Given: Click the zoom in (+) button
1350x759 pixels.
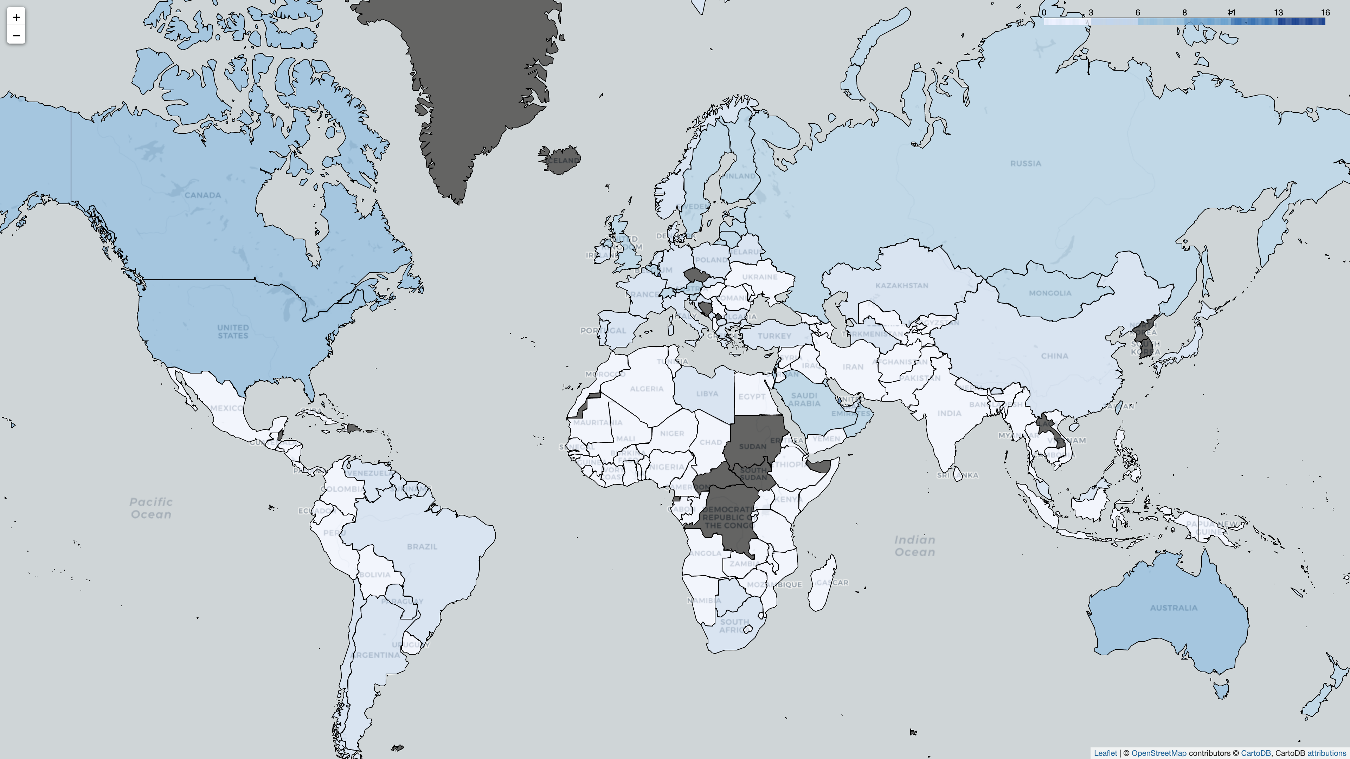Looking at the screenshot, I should pyautogui.click(x=16, y=17).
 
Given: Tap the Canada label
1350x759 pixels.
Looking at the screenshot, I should pyautogui.click(x=203, y=195).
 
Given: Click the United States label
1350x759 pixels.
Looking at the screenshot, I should pyautogui.click(x=233, y=332).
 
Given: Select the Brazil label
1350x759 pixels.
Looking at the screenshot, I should pyautogui.click(x=422, y=547).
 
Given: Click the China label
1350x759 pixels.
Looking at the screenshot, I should pyautogui.click(x=1054, y=356).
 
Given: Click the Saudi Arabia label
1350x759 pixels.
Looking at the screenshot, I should pyautogui.click(x=804, y=400).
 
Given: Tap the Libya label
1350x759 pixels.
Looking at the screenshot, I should pyautogui.click(x=707, y=394).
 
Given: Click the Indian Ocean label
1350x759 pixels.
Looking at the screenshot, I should pyautogui.click(x=914, y=546).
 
